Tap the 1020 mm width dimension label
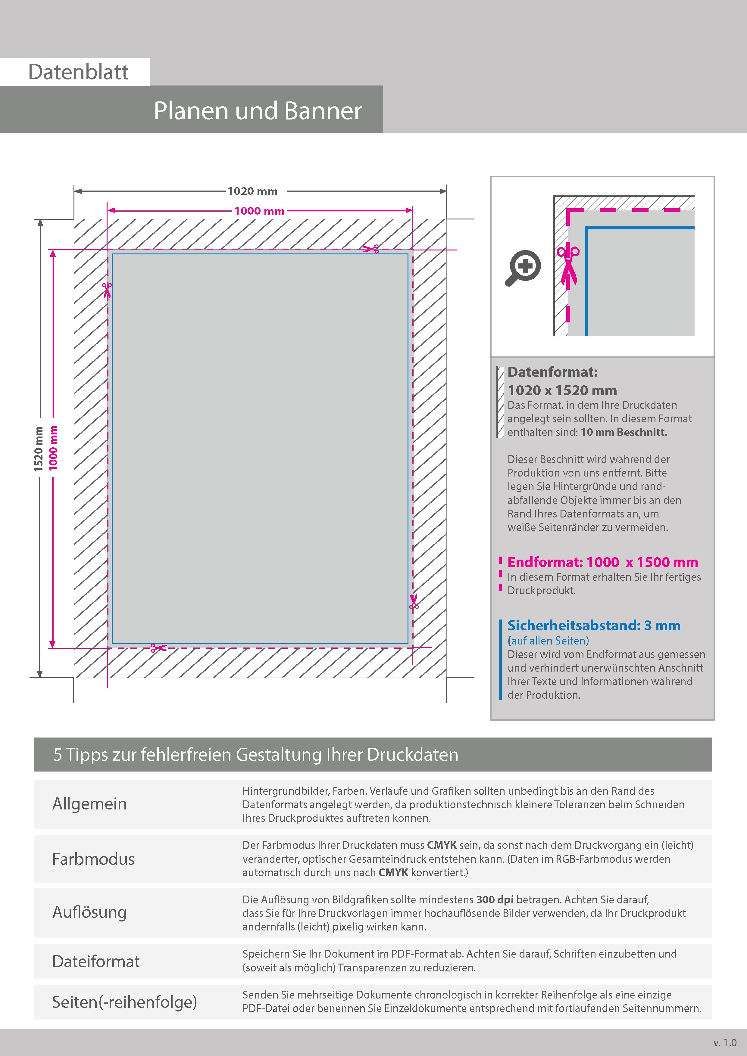pyautogui.click(x=252, y=191)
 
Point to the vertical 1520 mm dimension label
pyautogui.click(x=39, y=449)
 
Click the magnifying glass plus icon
pyautogui.click(x=523, y=268)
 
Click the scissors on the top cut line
pyautogui.click(x=370, y=249)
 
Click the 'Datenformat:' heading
pyautogui.click(x=552, y=372)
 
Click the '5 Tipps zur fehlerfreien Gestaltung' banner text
pyautogui.click(x=256, y=754)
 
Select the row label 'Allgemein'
pyautogui.click(x=89, y=804)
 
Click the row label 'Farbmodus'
pyautogui.click(x=93, y=859)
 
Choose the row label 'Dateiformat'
pyautogui.click(x=96, y=961)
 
